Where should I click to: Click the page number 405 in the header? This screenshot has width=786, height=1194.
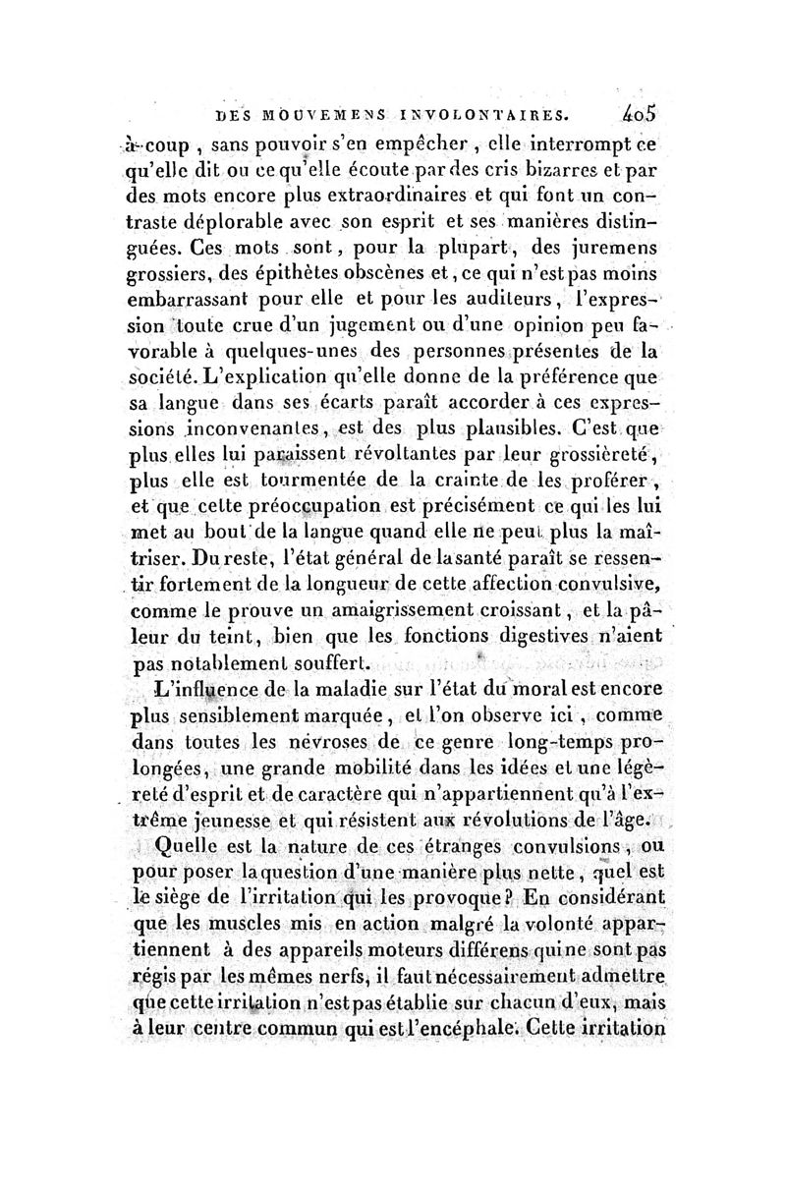[639, 114]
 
